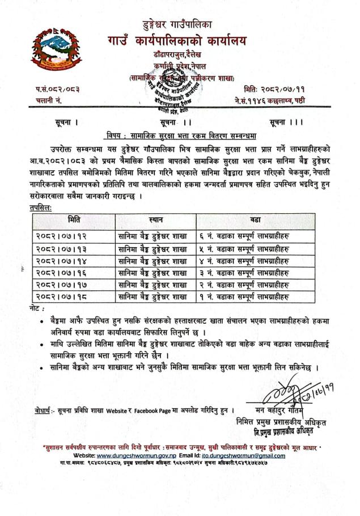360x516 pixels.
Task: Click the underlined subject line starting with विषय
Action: [180, 135]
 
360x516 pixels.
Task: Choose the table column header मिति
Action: [73, 219]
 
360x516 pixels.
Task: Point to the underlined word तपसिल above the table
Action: [40, 208]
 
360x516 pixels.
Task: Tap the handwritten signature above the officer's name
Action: [283, 395]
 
